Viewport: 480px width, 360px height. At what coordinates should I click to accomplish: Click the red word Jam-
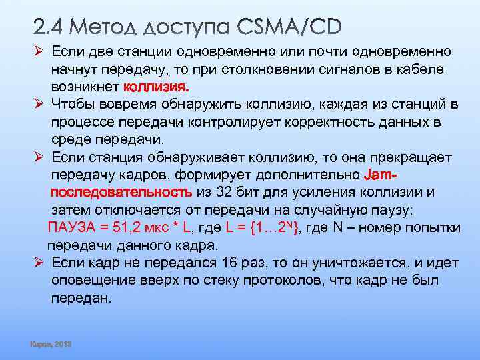click(x=381, y=175)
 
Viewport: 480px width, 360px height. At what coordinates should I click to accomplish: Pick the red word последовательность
click(x=122, y=192)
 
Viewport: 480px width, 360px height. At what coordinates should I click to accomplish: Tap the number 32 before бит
click(x=225, y=192)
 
